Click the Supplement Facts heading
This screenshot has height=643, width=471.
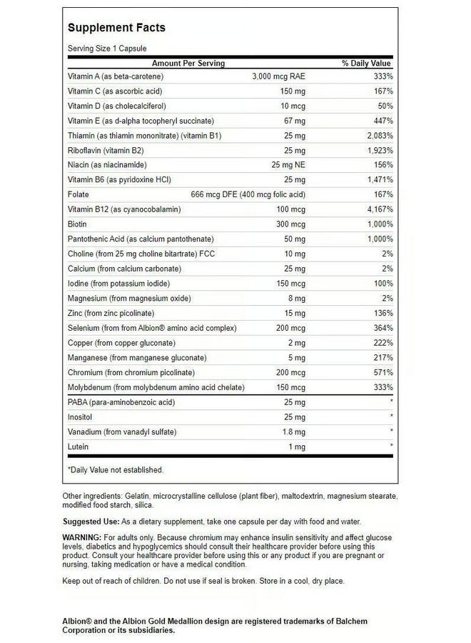tap(116, 28)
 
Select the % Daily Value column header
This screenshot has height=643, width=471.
tap(367, 64)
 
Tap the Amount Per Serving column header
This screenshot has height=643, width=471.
tap(188, 64)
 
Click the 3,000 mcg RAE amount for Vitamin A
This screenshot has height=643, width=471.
tap(279, 76)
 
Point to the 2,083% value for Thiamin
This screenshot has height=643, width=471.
tap(378, 135)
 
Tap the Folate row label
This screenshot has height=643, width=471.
tap(77, 194)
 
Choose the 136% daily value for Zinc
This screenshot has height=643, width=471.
tap(383, 313)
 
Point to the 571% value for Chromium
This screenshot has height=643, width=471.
tap(383, 372)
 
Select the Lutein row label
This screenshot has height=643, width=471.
tap(77, 446)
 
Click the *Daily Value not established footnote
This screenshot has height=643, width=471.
tap(115, 469)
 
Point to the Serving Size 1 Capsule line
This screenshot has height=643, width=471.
tap(106, 49)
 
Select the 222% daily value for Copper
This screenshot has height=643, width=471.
tap(383, 343)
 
